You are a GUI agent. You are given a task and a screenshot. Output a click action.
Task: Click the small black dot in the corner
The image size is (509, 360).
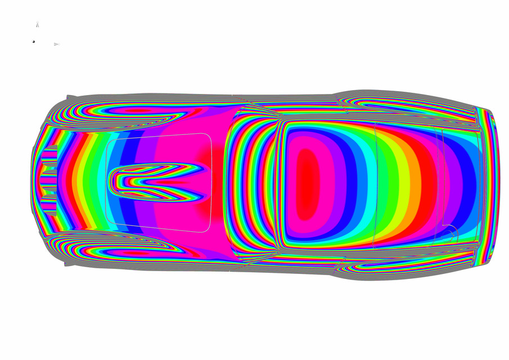pyautogui.click(x=34, y=42)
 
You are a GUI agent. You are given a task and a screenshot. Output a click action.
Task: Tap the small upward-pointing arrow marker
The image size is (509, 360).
pyautogui.click(x=38, y=25)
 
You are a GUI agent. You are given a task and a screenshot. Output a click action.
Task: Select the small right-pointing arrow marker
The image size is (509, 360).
pyautogui.click(x=56, y=44)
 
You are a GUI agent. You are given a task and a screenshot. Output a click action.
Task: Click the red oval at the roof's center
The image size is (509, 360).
pyautogui.click(x=307, y=183)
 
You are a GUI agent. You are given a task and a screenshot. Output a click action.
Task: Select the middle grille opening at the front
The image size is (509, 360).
pyautogui.click(x=49, y=181)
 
